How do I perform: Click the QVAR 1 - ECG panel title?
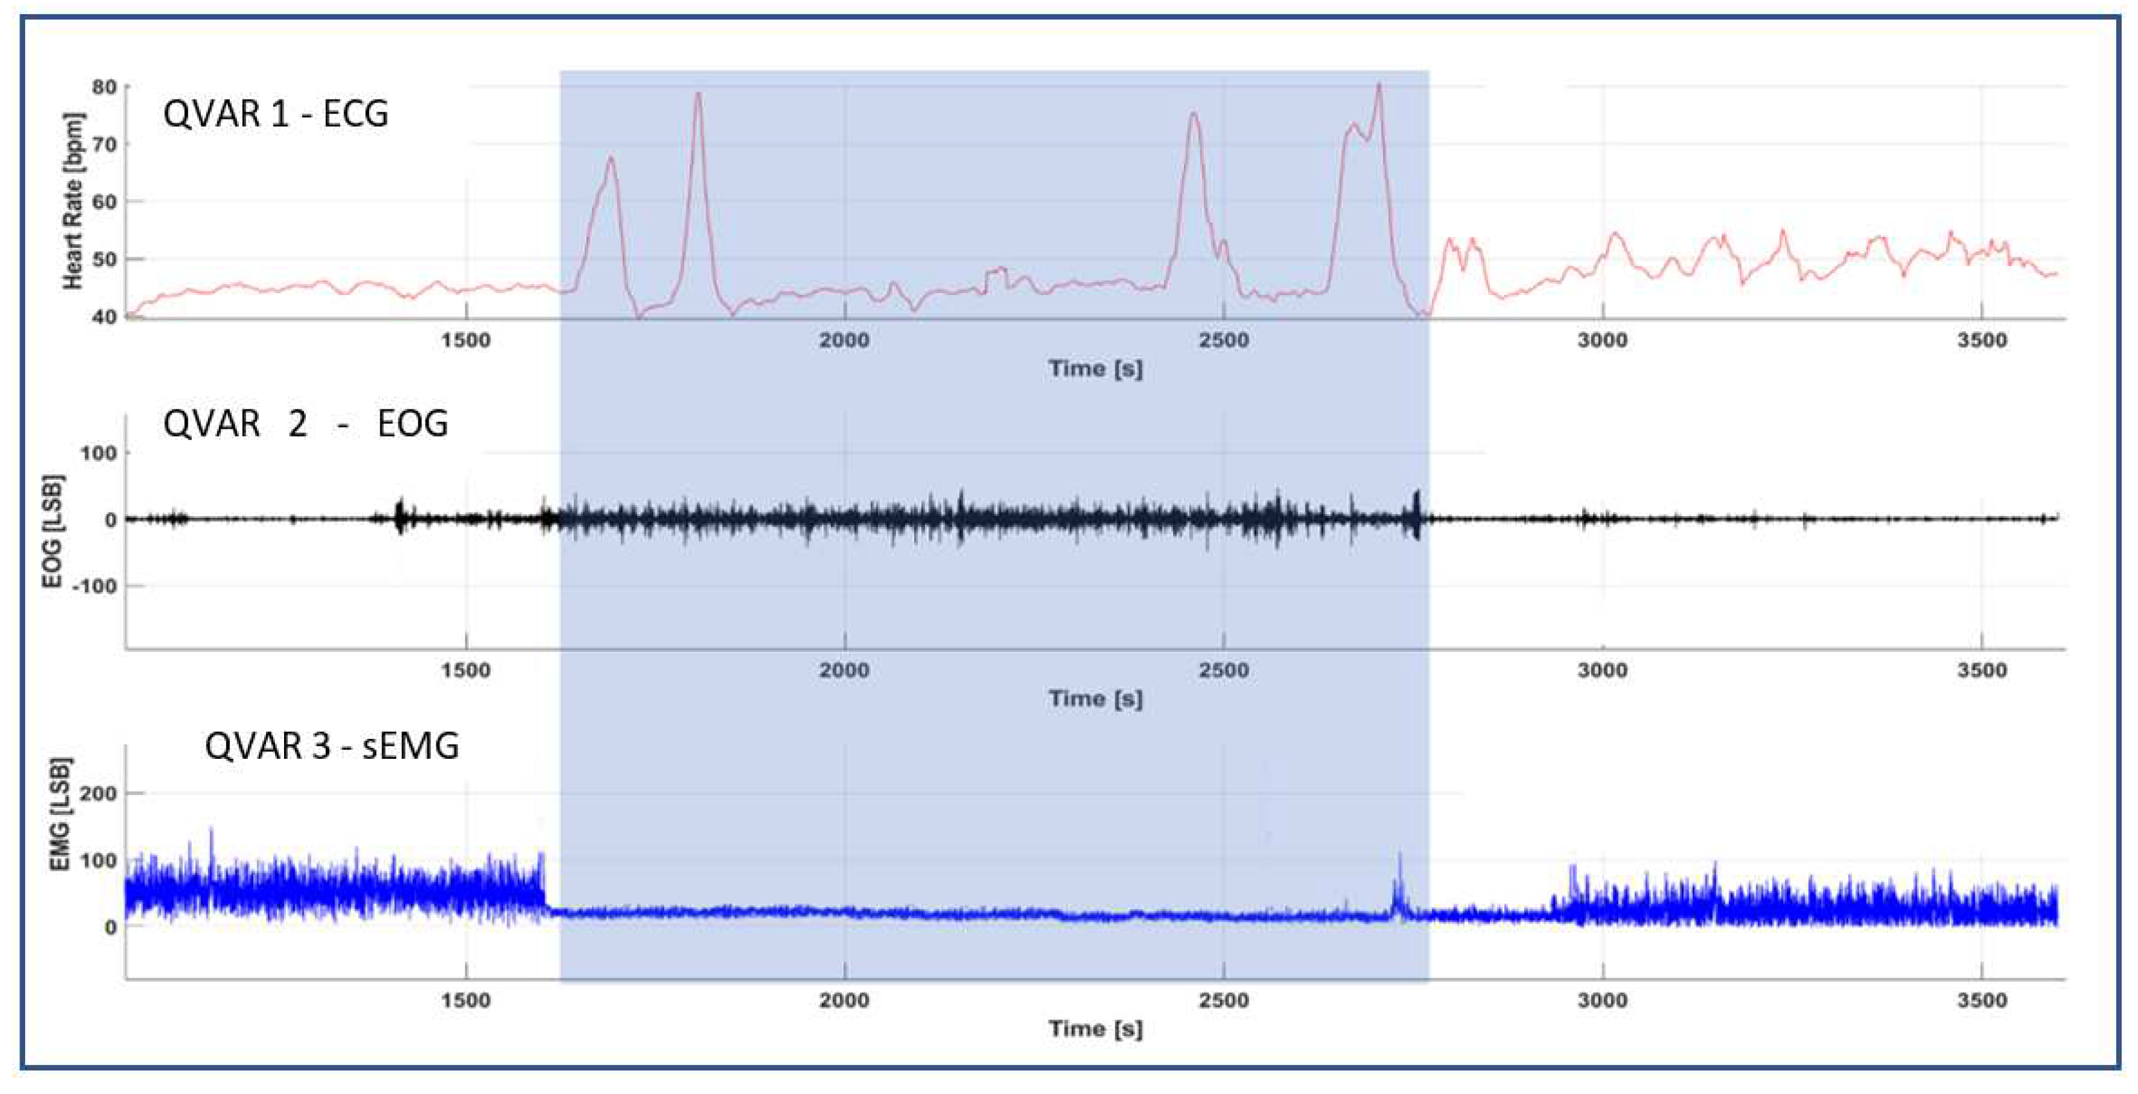[276, 114]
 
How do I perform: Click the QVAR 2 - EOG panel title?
[305, 424]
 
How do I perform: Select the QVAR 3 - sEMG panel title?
[331, 745]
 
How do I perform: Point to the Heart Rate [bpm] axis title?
[73, 201]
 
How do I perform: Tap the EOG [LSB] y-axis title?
[52, 532]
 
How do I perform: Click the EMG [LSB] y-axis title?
[60, 814]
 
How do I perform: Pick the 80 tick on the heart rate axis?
[104, 87]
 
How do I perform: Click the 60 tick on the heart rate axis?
[104, 201]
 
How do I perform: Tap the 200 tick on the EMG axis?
[98, 794]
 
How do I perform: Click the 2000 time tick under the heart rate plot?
[844, 340]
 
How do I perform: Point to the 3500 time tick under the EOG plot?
[1981, 670]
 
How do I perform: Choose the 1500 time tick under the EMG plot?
[465, 1000]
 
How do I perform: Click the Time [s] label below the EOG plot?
[1095, 699]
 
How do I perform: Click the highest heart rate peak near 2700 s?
[1379, 85]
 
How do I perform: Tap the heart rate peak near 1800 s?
[698, 94]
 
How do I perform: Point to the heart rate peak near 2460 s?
[1194, 114]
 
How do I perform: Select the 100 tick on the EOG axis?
[98, 453]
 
